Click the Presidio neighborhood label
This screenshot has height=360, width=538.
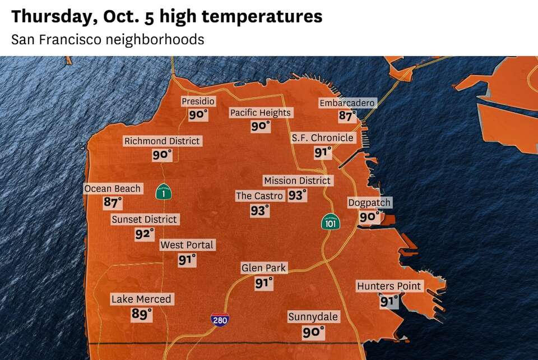[198, 101]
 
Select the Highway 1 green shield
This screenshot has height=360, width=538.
[163, 192]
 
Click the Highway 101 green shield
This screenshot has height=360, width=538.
[330, 221]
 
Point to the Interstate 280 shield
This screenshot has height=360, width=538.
[220, 320]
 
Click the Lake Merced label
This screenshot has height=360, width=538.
[141, 299]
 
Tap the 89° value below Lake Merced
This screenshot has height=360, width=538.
[141, 314]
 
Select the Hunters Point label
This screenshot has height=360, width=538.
[389, 286]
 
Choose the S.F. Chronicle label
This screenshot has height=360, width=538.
[322, 138]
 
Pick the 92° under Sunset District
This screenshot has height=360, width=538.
[144, 234]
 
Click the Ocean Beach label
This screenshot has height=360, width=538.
[113, 188]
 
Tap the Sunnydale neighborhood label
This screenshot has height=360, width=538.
[313, 317]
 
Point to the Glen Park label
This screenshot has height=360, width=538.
[263, 268]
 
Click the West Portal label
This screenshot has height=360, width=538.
[187, 245]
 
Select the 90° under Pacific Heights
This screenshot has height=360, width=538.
[260, 127]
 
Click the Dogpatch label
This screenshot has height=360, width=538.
[369, 202]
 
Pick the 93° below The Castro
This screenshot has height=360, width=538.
[259, 211]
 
